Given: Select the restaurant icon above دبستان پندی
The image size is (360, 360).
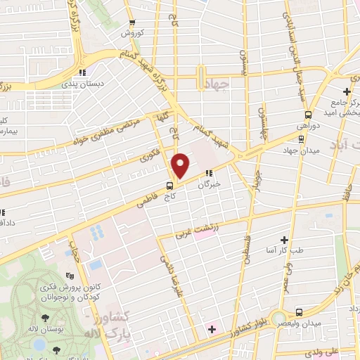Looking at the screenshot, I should pos(83,72).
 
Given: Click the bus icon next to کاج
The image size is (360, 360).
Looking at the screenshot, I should pos(170,186).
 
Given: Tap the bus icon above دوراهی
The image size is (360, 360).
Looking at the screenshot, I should pos(308,115).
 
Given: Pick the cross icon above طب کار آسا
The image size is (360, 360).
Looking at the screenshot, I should pos(285,240).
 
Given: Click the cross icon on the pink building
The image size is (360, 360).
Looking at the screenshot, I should pos(212,329).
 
